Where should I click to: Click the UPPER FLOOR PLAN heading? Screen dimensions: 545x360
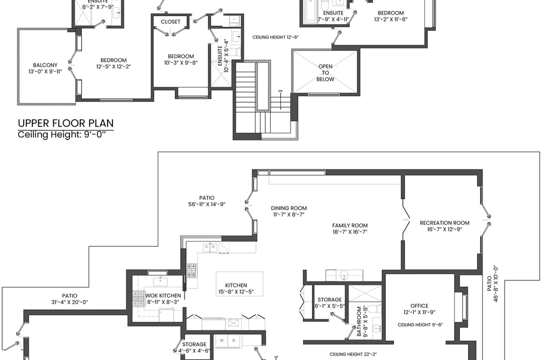(66, 123)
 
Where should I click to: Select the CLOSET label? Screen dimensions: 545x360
(171, 22)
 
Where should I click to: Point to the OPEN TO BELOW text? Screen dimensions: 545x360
(325, 73)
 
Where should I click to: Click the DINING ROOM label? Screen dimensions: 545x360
(289, 208)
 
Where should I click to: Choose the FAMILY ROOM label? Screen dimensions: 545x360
(350, 225)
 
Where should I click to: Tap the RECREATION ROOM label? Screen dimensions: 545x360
(444, 223)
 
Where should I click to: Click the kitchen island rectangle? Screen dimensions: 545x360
(239, 284)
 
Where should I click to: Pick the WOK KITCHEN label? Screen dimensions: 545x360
(163, 296)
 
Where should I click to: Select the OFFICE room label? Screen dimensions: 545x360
(419, 306)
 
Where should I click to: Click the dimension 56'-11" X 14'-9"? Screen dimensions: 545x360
(207, 204)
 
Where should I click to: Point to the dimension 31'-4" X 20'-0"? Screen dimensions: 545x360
(69, 302)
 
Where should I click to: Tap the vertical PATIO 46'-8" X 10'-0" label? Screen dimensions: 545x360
(492, 284)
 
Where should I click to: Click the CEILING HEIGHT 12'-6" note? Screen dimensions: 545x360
(275, 37)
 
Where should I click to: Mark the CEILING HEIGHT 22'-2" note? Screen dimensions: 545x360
(353, 355)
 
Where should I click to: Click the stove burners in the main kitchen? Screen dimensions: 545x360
(192, 271)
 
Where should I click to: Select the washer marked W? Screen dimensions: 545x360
(222, 341)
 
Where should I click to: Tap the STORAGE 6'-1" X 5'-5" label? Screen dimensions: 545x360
(329, 302)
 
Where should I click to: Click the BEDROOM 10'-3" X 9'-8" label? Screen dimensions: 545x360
(181, 59)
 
